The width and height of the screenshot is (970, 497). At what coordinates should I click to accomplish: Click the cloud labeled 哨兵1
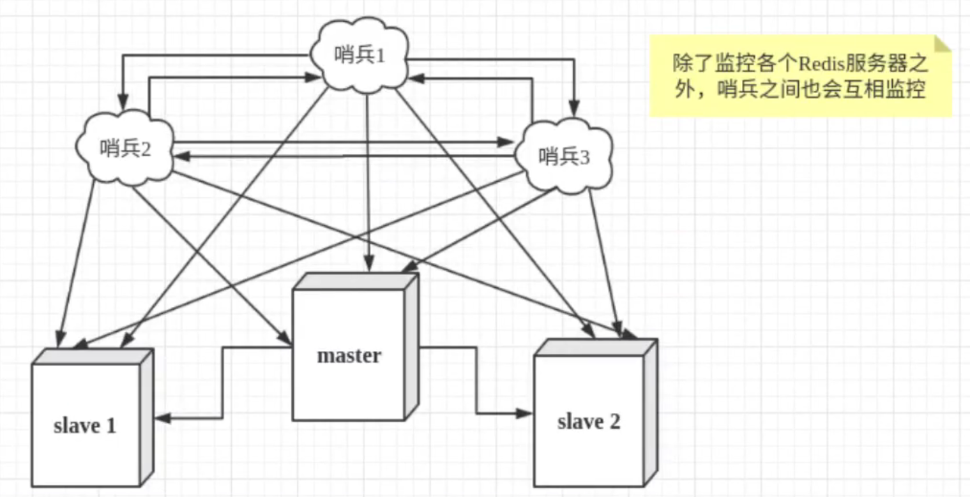tap(360, 56)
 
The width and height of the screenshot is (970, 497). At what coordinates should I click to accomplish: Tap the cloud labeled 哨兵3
tap(565, 157)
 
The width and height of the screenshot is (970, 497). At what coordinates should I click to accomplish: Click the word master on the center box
tap(349, 355)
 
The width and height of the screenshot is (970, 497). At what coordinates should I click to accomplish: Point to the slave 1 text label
tap(85, 426)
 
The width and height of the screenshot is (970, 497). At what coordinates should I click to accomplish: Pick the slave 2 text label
tap(588, 422)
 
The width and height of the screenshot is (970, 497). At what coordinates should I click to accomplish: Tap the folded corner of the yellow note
tap(942, 43)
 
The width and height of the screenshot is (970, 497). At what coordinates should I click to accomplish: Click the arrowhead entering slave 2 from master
tap(525, 413)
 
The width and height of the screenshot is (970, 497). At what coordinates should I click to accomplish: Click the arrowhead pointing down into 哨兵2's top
tap(122, 101)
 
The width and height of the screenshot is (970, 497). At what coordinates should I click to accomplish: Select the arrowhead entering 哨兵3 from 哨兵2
tap(508, 142)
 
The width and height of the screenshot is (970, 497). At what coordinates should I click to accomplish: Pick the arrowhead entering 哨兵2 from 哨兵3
tap(181, 155)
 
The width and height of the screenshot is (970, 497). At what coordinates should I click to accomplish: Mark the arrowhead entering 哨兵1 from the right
tap(414, 78)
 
